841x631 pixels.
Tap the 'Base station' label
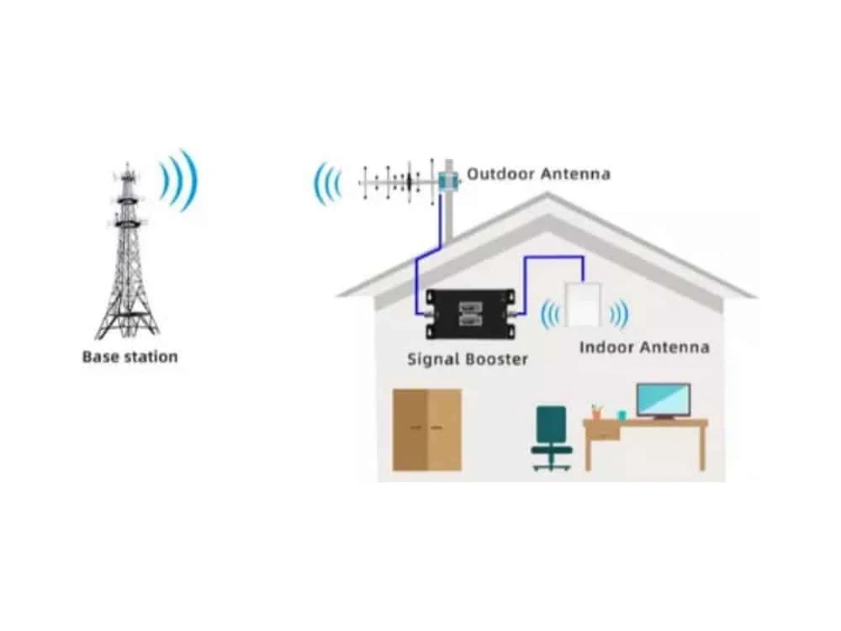(x=130, y=357)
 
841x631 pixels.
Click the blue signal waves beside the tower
(x=179, y=180)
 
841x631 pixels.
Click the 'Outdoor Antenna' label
(x=538, y=174)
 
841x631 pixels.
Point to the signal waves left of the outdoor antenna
(x=328, y=183)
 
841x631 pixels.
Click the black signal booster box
(x=470, y=314)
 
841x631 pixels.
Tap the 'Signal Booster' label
(x=467, y=359)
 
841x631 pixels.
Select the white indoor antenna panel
(x=583, y=305)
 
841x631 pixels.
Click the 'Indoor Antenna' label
(x=644, y=347)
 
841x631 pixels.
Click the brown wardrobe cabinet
(x=427, y=430)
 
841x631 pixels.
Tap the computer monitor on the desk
(x=663, y=400)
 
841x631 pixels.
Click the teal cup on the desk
(x=622, y=416)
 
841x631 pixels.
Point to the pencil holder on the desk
(x=596, y=412)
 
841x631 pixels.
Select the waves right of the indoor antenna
(x=620, y=314)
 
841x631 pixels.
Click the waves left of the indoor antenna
(x=550, y=314)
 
